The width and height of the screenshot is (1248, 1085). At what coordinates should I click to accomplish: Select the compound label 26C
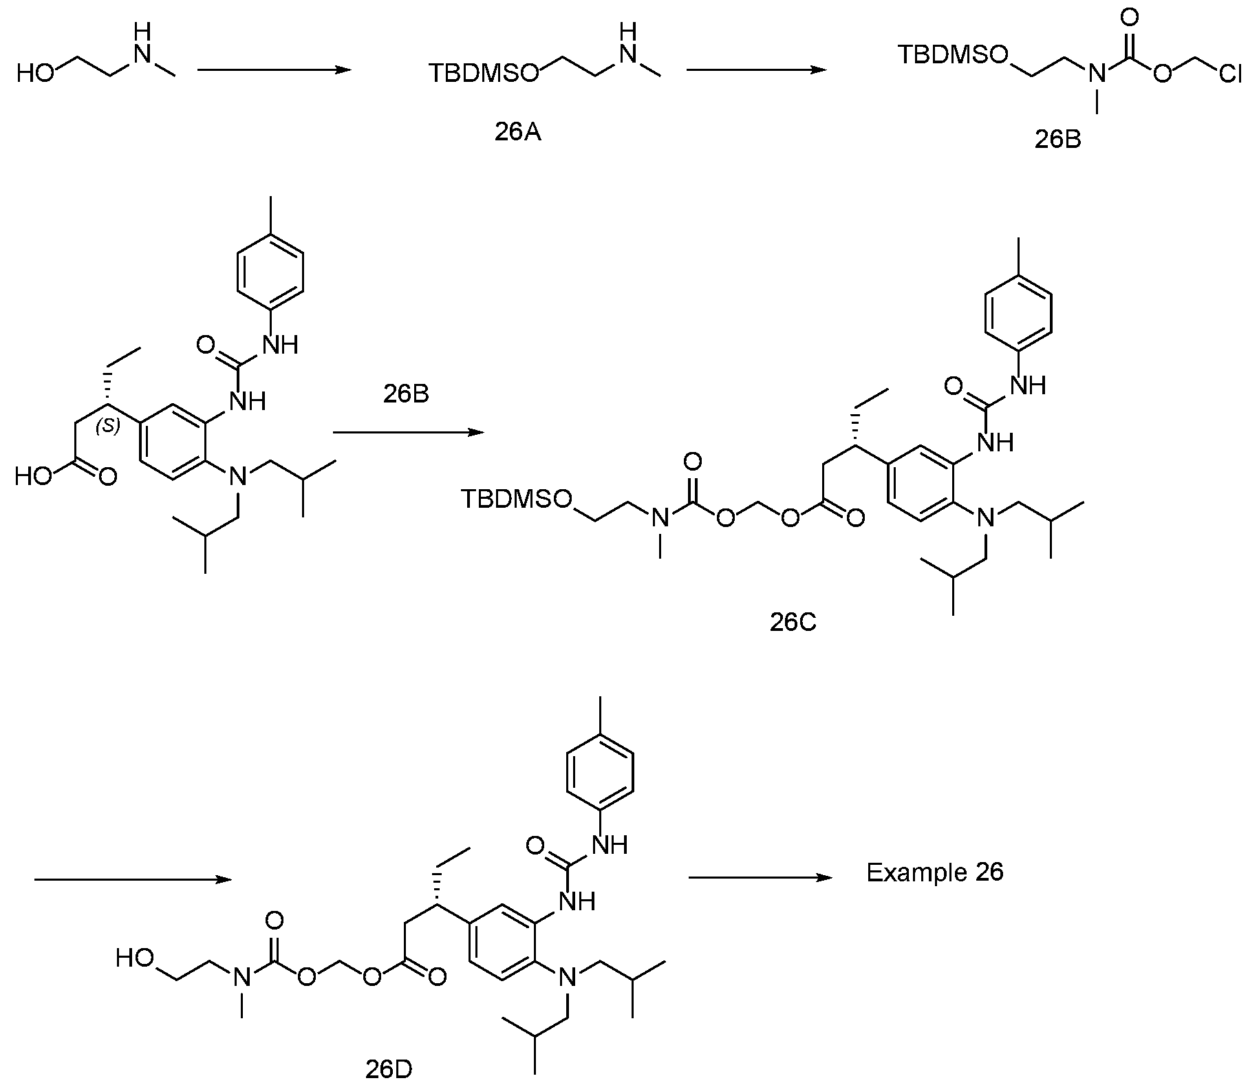pos(793,622)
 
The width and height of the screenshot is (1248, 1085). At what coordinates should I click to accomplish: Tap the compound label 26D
pos(389,1071)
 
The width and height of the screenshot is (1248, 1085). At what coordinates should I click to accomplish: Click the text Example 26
pos(935,872)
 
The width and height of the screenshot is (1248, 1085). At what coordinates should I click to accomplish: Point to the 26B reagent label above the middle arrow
pos(405,395)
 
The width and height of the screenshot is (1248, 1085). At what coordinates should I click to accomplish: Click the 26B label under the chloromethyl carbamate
pos(1057,139)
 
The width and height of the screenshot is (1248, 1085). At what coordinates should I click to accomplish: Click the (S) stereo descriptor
pos(108,427)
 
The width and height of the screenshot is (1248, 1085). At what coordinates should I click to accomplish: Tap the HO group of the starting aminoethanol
pos(35,73)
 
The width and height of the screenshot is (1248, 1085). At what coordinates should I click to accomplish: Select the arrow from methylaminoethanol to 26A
pos(274,69)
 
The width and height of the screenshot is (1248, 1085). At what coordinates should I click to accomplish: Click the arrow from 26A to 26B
pos(756,69)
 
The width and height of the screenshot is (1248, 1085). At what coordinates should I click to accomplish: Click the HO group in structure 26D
pos(136,958)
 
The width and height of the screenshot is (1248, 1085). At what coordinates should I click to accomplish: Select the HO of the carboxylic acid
pos(34,476)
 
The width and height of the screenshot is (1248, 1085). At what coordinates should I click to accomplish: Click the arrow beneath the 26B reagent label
pos(409,432)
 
